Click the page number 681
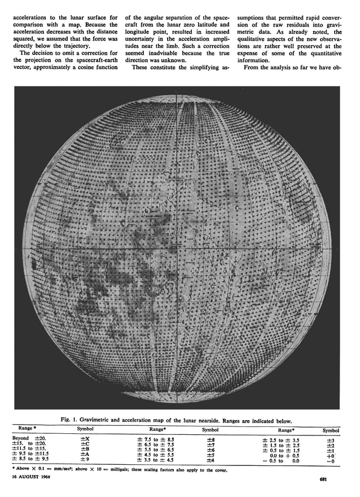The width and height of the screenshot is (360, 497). (321, 480)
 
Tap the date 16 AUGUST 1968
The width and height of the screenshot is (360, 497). (30, 477)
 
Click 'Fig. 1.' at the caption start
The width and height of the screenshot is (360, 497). (71, 418)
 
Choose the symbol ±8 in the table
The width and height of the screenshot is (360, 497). (211, 438)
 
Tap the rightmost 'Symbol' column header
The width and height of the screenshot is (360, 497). (331, 430)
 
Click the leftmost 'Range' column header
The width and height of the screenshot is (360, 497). (26, 429)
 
